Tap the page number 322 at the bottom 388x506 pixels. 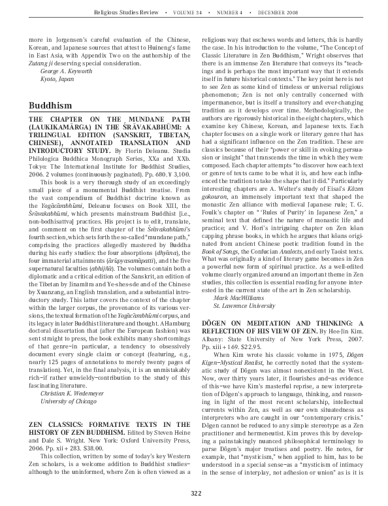point(194,493)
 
